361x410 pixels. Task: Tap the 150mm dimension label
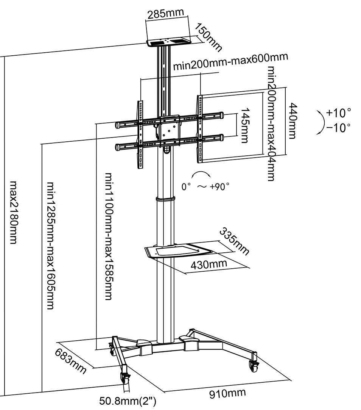tap(209, 37)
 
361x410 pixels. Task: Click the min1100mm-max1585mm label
tap(109, 236)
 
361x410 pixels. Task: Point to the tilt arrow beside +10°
tap(321, 121)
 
